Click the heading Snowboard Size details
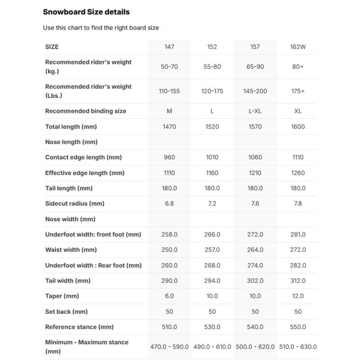86,12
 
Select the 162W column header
297,47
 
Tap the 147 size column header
169,47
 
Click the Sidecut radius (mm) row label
75,203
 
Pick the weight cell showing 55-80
212,67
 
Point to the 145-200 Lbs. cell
255,91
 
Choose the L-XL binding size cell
255,111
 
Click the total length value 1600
297,126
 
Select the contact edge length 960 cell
169,157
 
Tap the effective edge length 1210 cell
255,173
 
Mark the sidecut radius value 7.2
212,203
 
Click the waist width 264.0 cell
255,250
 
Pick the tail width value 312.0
297,281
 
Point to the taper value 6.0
169,296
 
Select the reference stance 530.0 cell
212,327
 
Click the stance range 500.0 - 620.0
255,347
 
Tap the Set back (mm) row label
66,311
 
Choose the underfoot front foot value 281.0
297,234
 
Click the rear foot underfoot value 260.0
169,265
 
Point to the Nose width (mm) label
70,219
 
